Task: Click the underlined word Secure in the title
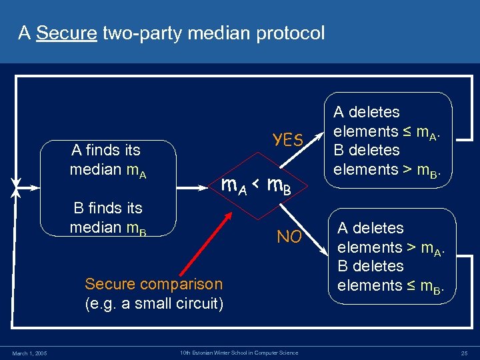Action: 67,32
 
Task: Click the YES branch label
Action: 289,139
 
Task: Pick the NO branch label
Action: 289,237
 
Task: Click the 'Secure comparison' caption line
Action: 153,284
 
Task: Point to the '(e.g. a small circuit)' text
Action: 153,303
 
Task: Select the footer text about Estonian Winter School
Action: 239,352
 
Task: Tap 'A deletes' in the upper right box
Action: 366,112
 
